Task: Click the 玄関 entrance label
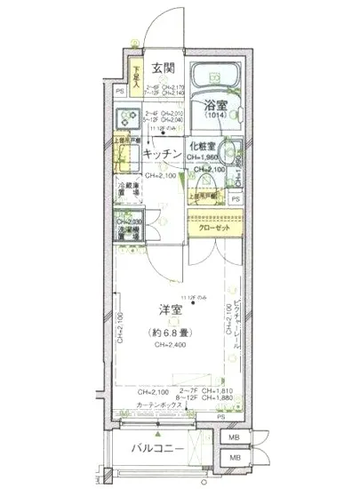[x=162, y=68]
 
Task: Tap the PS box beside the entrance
[x=120, y=91]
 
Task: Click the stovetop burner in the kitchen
[x=126, y=116]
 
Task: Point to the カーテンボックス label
[x=160, y=405]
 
